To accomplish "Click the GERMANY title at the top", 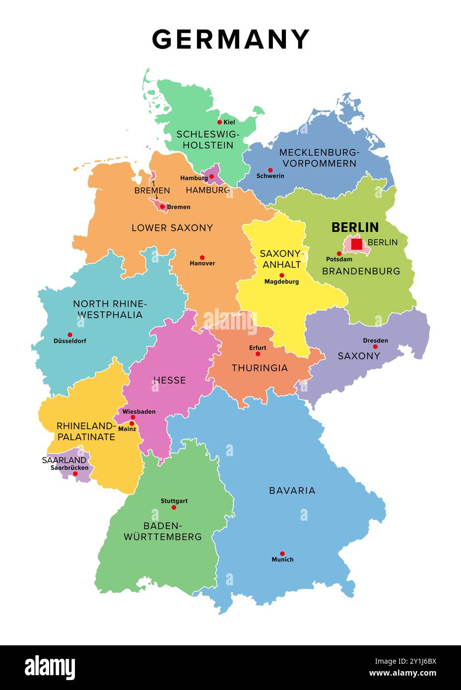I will click(x=231, y=39).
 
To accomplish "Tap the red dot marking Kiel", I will click(x=219, y=122).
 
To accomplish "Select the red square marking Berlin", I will click(x=356, y=244).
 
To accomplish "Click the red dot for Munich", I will click(x=282, y=553).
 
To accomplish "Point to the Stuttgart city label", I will click(x=174, y=501).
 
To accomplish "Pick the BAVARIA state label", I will click(x=292, y=490).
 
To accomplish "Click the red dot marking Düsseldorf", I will click(x=70, y=335).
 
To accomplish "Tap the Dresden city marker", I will click(x=375, y=346).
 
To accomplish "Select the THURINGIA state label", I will click(x=260, y=368).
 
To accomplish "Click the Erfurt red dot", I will click(x=258, y=354).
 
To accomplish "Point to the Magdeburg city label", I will click(x=281, y=281).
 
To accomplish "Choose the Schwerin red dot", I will click(x=270, y=170).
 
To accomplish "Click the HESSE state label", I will click(x=169, y=380).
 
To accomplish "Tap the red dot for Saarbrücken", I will click(x=75, y=474).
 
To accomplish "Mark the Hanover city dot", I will click(x=202, y=257).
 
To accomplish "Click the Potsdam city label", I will click(x=339, y=259).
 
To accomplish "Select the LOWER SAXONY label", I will click(x=172, y=228).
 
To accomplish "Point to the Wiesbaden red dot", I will click(x=132, y=417).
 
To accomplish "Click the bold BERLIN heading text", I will click(x=355, y=227).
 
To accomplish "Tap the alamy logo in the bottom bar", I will click(x=50, y=668).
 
